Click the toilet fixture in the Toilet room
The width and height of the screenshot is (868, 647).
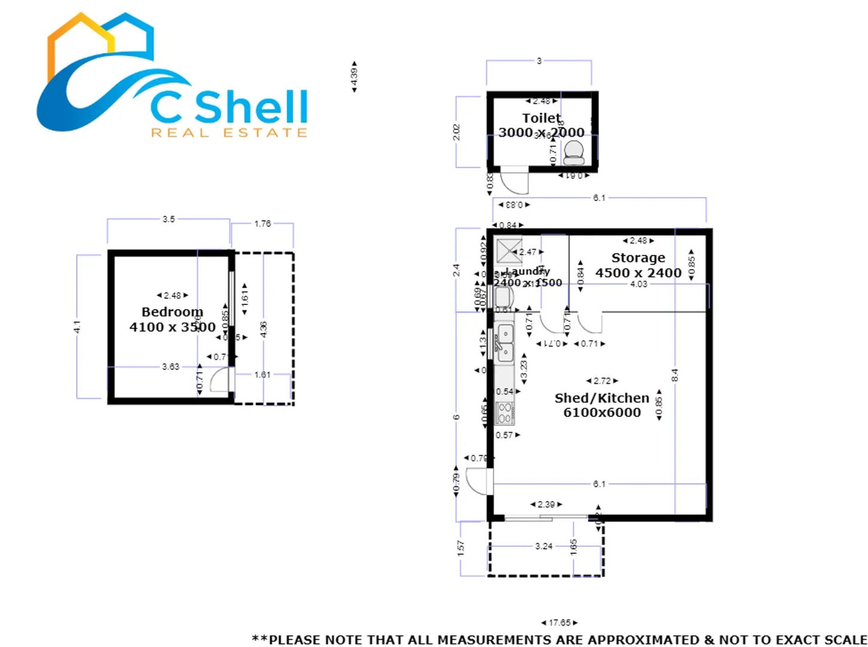click(573, 153)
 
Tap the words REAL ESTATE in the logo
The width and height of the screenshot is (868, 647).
click(229, 132)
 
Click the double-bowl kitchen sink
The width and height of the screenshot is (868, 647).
click(504, 343)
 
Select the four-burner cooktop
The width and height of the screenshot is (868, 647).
click(504, 413)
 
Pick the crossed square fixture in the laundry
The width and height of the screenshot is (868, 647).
click(509, 251)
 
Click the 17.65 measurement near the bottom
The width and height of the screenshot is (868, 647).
click(559, 623)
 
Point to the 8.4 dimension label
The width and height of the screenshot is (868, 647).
click(675, 376)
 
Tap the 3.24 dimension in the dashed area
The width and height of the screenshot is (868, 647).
click(543, 546)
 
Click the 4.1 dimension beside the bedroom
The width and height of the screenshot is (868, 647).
click(77, 327)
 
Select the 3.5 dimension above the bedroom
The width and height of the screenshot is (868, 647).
click(169, 219)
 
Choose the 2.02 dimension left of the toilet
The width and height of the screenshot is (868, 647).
click(456, 132)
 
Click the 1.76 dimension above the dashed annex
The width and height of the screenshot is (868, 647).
click(262, 223)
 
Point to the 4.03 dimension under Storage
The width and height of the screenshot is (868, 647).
click(639, 284)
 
